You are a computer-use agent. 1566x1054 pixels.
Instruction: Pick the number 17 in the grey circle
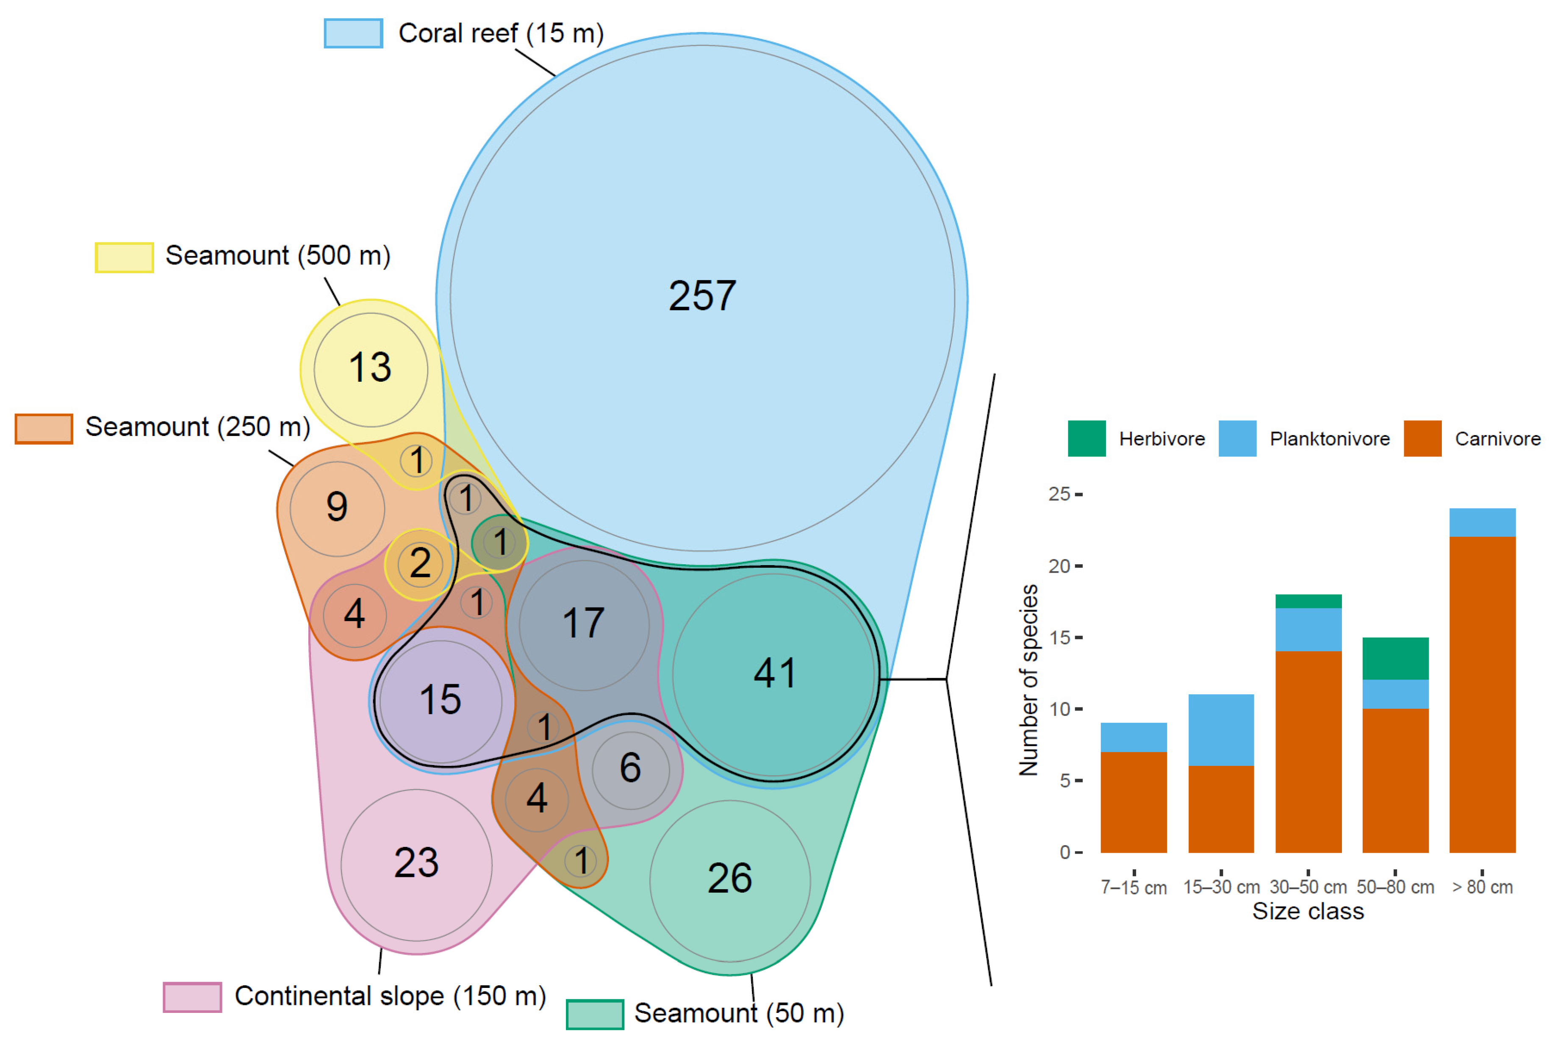(583, 623)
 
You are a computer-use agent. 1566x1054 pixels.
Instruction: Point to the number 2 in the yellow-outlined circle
(420, 563)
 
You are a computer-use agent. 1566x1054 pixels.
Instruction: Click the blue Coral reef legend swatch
(354, 33)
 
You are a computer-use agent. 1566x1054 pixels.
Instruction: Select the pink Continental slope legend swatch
(192, 997)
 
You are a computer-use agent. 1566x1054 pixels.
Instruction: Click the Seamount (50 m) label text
(739, 1013)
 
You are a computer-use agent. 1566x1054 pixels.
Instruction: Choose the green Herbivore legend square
(1086, 438)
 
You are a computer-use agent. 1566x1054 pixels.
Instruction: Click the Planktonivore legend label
(1329, 439)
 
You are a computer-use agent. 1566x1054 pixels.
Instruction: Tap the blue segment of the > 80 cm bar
(1482, 522)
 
